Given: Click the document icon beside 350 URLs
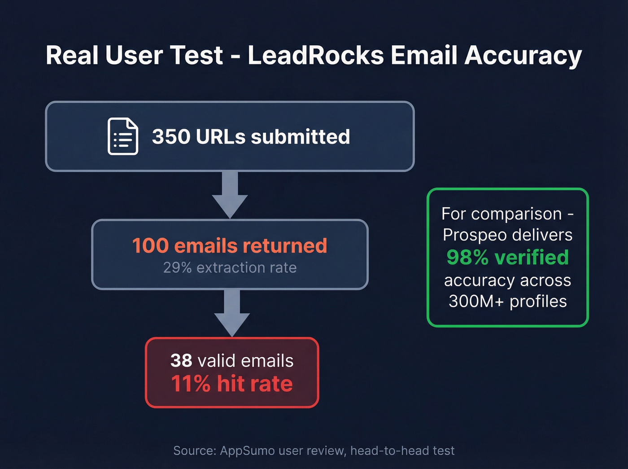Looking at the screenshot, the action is point(123,136).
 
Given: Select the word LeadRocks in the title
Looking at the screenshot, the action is point(316,56).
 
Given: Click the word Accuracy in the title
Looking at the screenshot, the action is point(523,56).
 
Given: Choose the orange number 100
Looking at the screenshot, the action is point(150,246).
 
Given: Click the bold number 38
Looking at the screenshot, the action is point(181,361).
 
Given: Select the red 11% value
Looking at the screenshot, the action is point(191,384).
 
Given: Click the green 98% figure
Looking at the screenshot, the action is point(467,258).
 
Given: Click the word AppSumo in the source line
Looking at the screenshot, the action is point(247,451).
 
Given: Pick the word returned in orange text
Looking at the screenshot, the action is point(285,246).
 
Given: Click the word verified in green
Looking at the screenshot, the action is point(532,258).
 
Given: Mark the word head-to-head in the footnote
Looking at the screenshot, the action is point(384,451).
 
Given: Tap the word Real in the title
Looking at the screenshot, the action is point(73,56).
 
